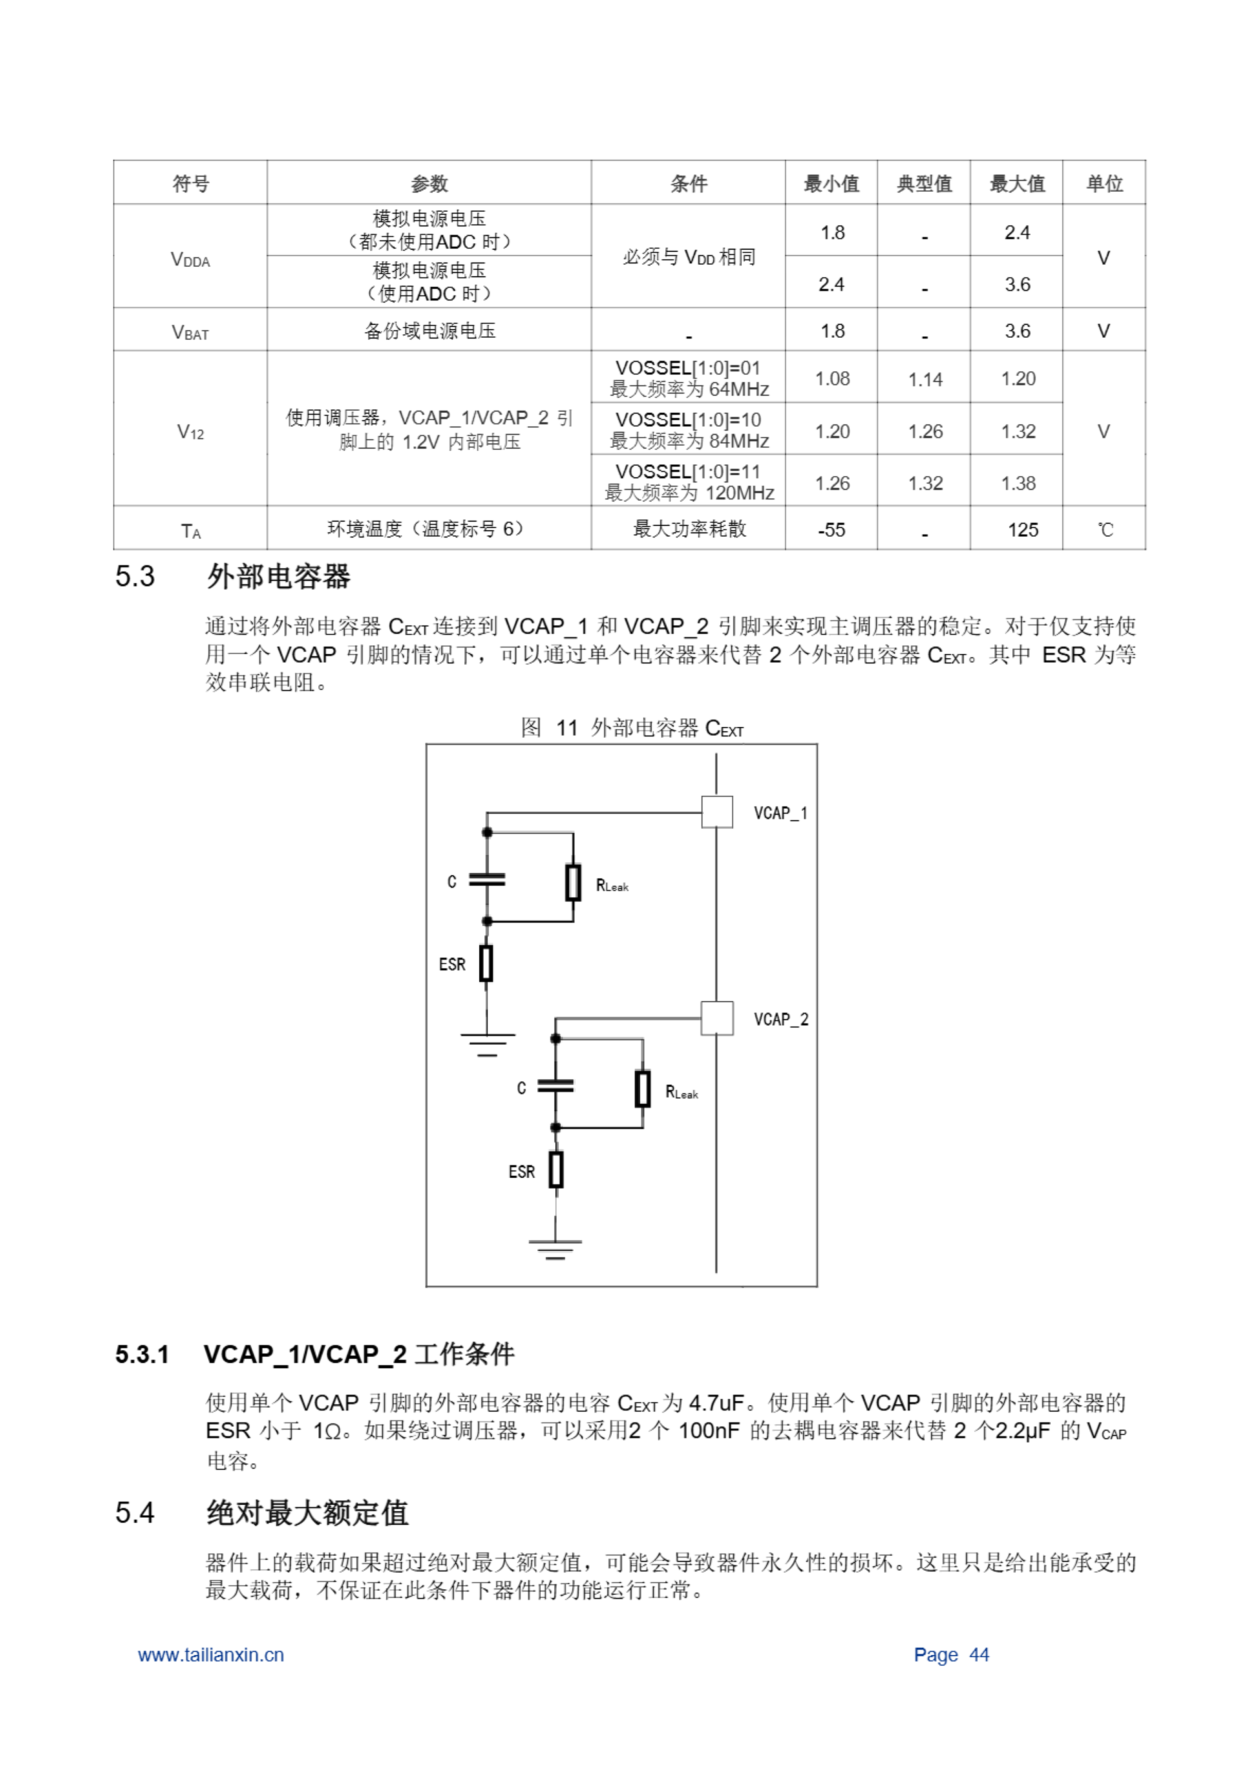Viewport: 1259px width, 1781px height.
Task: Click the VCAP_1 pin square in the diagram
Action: tap(716, 812)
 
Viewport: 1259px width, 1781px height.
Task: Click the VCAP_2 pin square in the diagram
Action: tap(716, 1018)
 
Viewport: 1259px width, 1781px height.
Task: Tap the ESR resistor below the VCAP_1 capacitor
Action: tap(486, 964)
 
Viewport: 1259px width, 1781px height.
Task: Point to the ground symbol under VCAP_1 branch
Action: tap(487, 1044)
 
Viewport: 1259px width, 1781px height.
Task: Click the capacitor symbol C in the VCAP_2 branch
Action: tap(555, 1086)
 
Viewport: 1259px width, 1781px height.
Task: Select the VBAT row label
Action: tap(190, 332)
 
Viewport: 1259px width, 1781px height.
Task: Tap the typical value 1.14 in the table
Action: tap(924, 379)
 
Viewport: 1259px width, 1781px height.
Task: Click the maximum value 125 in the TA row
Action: tap(1023, 530)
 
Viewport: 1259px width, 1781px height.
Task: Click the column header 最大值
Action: tap(1016, 184)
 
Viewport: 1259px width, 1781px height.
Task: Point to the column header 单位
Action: tap(1104, 184)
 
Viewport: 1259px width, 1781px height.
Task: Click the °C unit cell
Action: tap(1105, 530)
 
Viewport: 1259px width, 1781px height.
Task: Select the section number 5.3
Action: tap(135, 576)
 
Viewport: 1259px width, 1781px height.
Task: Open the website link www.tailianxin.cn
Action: tap(211, 1654)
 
